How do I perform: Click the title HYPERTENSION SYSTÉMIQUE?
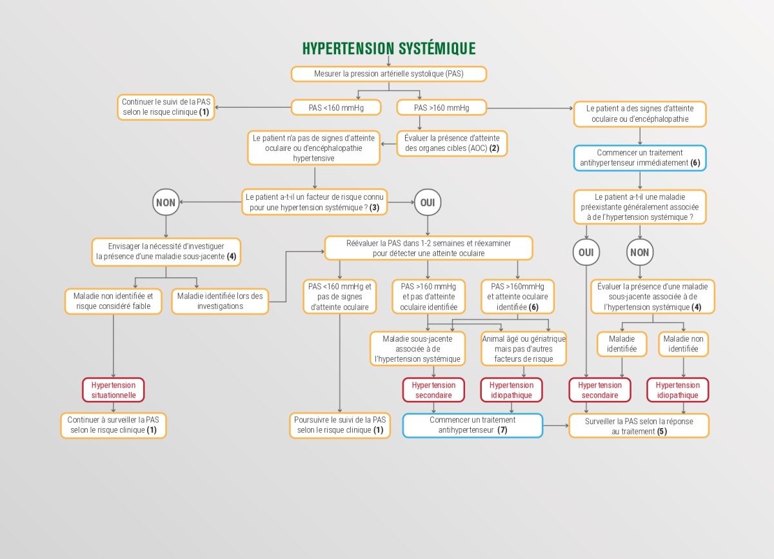(x=389, y=48)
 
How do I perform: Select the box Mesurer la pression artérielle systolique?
(x=389, y=74)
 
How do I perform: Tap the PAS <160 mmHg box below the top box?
(x=335, y=108)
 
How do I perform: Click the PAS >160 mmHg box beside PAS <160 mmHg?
(x=442, y=108)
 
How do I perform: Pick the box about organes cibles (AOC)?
(x=451, y=143)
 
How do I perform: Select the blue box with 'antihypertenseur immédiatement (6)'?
(x=640, y=158)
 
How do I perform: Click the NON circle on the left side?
(x=166, y=202)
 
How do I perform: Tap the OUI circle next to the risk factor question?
(x=428, y=202)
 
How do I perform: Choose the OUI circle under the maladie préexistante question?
(x=586, y=252)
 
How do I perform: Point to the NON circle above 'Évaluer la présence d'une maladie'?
(x=640, y=252)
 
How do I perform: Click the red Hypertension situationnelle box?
(x=114, y=390)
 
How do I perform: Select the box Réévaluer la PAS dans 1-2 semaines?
(x=428, y=248)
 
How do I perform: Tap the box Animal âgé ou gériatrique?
(x=524, y=349)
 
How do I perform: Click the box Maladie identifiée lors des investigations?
(x=220, y=301)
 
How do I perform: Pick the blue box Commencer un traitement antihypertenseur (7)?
(x=473, y=425)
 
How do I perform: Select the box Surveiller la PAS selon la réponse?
(x=639, y=426)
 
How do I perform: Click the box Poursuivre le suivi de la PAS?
(x=340, y=425)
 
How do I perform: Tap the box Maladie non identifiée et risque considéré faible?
(x=113, y=301)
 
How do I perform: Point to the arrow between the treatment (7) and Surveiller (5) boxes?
(x=556, y=426)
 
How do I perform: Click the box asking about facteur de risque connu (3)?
(x=315, y=202)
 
